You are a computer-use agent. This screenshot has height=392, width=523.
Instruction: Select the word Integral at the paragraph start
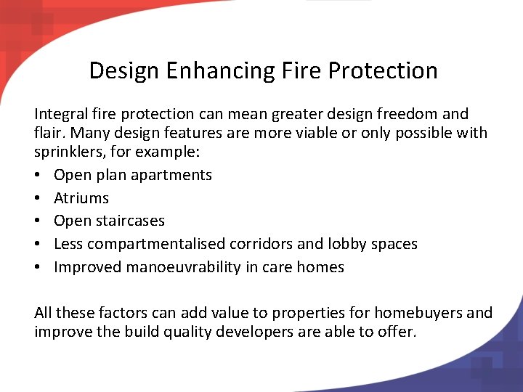coord(62,114)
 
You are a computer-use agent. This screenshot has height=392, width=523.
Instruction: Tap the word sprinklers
coord(69,154)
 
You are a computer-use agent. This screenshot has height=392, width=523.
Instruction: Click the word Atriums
coord(81,198)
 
